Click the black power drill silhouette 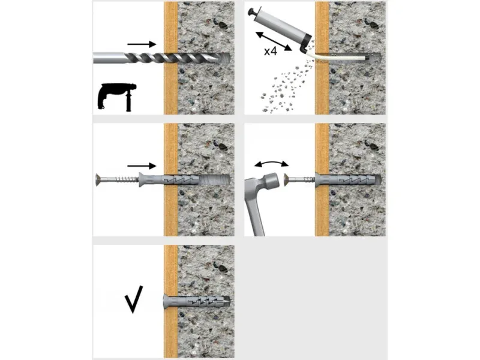pyautogui.click(x=116, y=96)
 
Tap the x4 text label pyautogui.click(x=271, y=51)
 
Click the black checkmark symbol pyautogui.click(x=134, y=299)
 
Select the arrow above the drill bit pyautogui.click(x=142, y=44)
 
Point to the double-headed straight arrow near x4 pyautogui.click(x=274, y=41)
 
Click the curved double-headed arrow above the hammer pyautogui.click(x=271, y=163)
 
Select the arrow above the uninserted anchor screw pyautogui.click(x=142, y=166)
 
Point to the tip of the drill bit pyautogui.click(x=229, y=58)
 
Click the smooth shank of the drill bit pyautogui.click(x=109, y=58)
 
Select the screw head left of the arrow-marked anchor pyautogui.click(x=98, y=179)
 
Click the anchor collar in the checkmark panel pyautogui.click(x=167, y=302)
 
